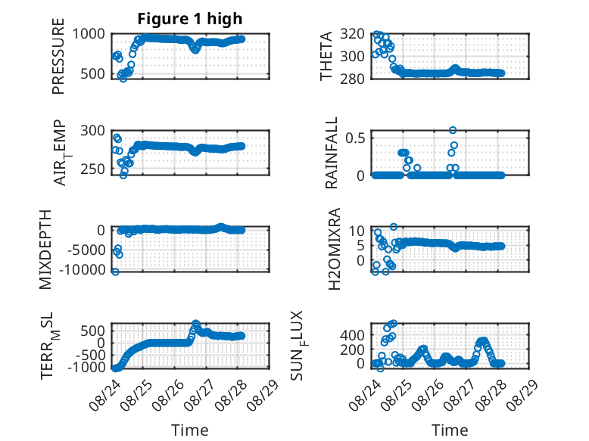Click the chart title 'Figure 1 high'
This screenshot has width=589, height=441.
(x=190, y=19)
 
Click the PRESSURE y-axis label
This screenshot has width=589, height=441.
(x=58, y=56)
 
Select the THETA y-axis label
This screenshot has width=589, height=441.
(x=326, y=56)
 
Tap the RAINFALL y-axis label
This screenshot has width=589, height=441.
(x=332, y=153)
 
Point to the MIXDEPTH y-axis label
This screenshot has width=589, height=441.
(x=45, y=250)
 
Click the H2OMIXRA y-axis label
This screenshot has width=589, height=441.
(x=334, y=249)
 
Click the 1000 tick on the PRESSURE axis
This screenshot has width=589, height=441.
(x=89, y=34)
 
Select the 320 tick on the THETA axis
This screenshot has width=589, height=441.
(x=352, y=34)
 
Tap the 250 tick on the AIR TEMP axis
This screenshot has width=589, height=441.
(x=93, y=169)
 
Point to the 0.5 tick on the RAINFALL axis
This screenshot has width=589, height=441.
(x=355, y=138)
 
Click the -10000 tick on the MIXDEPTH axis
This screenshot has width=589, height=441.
(x=83, y=269)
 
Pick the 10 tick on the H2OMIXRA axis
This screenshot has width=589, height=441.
(x=357, y=231)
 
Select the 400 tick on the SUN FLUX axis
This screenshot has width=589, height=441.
(x=352, y=335)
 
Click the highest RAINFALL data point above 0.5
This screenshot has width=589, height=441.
(x=453, y=130)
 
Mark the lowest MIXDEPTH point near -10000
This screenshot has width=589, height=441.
(x=115, y=272)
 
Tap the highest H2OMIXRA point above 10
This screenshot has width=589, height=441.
(x=393, y=227)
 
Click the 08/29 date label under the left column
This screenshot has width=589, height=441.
(x=263, y=395)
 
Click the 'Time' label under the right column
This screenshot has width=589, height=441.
(x=450, y=430)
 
